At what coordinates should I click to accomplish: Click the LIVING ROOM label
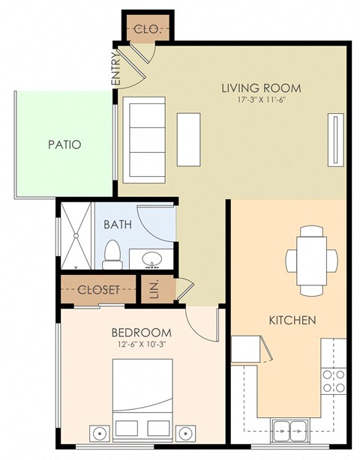255,87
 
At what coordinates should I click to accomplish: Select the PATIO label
64,145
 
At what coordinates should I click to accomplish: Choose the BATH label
118,224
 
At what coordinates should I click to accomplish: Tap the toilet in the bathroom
112,255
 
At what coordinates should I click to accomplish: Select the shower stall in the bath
76,234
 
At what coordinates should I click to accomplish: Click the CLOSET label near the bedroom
99,290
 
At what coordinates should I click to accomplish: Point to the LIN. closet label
155,289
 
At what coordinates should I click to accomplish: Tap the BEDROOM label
141,332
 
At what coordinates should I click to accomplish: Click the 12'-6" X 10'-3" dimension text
141,345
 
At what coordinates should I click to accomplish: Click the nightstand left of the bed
100,432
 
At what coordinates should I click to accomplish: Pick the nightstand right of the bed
187,432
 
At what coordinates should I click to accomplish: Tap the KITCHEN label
292,320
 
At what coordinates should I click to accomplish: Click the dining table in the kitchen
310,260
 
